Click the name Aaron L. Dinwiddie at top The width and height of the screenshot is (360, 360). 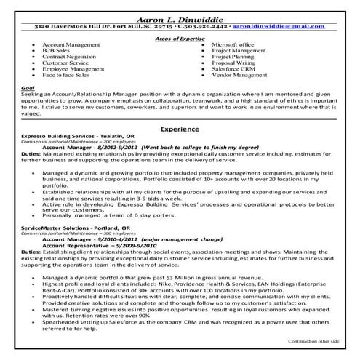pos(180,16)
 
